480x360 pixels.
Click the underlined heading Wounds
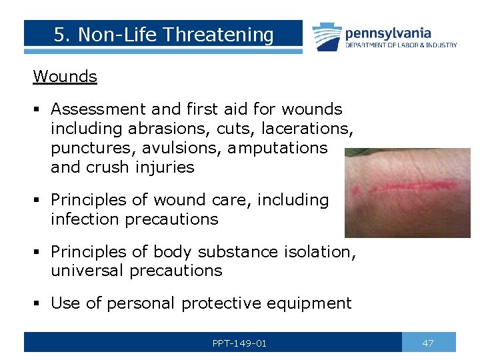(x=65, y=77)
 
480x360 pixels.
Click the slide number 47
(x=428, y=343)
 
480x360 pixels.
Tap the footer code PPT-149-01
(x=239, y=343)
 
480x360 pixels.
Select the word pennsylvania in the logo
(x=387, y=33)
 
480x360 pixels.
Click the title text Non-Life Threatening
(x=163, y=35)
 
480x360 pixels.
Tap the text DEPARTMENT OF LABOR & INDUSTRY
(x=401, y=45)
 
